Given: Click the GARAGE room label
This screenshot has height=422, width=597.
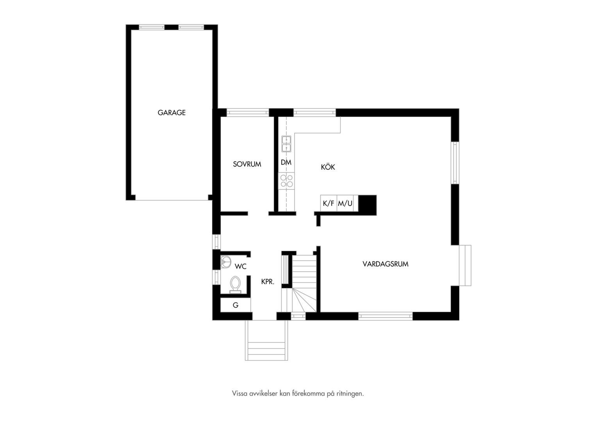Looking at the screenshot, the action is [172, 113].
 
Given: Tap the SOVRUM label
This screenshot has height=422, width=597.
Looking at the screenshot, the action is [247, 164].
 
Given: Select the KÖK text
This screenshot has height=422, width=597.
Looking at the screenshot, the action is [328, 167].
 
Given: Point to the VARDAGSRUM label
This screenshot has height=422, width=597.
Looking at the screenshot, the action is [385, 264].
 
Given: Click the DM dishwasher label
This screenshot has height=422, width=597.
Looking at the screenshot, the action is [286, 162].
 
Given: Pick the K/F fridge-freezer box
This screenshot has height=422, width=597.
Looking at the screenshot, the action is [329, 204].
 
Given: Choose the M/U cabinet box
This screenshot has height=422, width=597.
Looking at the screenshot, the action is [345, 204].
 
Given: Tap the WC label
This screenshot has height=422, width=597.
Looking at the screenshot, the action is [240, 266].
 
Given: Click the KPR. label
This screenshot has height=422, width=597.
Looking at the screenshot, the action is [268, 281].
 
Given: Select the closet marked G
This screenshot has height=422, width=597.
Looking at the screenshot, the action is [236, 305].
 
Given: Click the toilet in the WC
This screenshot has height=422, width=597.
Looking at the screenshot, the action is [235, 285].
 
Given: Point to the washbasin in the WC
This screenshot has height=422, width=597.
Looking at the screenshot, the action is [225, 262].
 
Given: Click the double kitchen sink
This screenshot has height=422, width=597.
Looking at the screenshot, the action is [286, 144].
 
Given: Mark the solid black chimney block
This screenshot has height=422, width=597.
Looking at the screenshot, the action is [367, 205].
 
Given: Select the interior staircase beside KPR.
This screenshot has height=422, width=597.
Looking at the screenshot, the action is [304, 283].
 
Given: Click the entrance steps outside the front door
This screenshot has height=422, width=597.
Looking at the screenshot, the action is [266, 340].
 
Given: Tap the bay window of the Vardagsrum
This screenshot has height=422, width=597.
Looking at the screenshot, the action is [465, 265].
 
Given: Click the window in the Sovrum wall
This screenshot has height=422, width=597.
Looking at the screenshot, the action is [248, 112].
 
